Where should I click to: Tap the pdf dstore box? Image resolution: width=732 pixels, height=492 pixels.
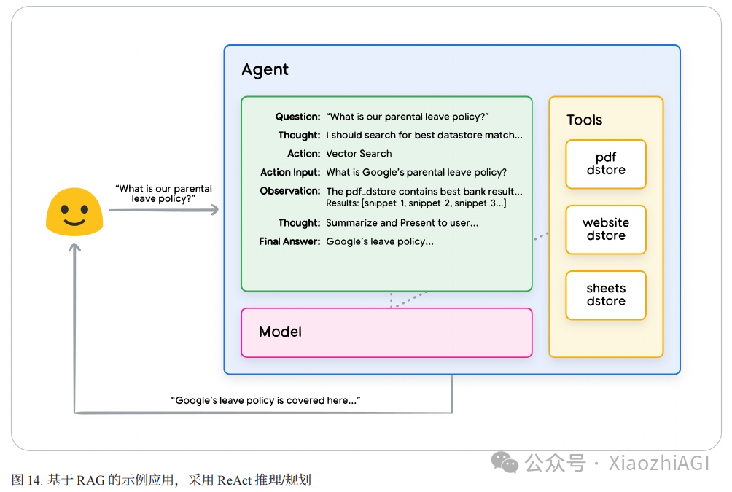(606, 164)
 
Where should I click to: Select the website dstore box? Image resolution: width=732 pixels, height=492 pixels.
(606, 230)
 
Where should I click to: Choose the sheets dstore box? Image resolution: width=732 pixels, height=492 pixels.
(606, 295)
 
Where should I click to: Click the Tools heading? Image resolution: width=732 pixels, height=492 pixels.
(585, 120)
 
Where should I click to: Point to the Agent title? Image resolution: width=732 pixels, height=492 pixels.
(265, 70)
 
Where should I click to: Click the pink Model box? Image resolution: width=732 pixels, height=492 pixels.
(386, 332)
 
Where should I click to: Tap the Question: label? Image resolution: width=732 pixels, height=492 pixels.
(297, 117)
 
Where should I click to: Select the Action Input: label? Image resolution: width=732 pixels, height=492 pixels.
(290, 173)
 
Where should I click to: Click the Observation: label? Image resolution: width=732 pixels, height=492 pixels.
(290, 192)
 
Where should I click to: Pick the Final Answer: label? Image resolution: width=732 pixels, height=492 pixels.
(290, 241)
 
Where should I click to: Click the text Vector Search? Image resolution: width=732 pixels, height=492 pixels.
(359, 154)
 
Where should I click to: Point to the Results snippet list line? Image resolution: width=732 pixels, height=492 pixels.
(416, 203)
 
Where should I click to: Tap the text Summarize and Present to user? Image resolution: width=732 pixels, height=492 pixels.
(402, 223)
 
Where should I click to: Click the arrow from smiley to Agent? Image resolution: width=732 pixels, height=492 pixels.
(163, 210)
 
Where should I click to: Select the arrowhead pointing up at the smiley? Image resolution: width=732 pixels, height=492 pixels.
(74, 249)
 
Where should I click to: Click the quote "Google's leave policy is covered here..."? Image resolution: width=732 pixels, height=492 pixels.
(265, 401)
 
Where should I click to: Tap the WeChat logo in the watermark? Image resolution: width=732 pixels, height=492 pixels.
(505, 462)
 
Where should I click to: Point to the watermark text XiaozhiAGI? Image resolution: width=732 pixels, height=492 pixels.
(658, 463)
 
